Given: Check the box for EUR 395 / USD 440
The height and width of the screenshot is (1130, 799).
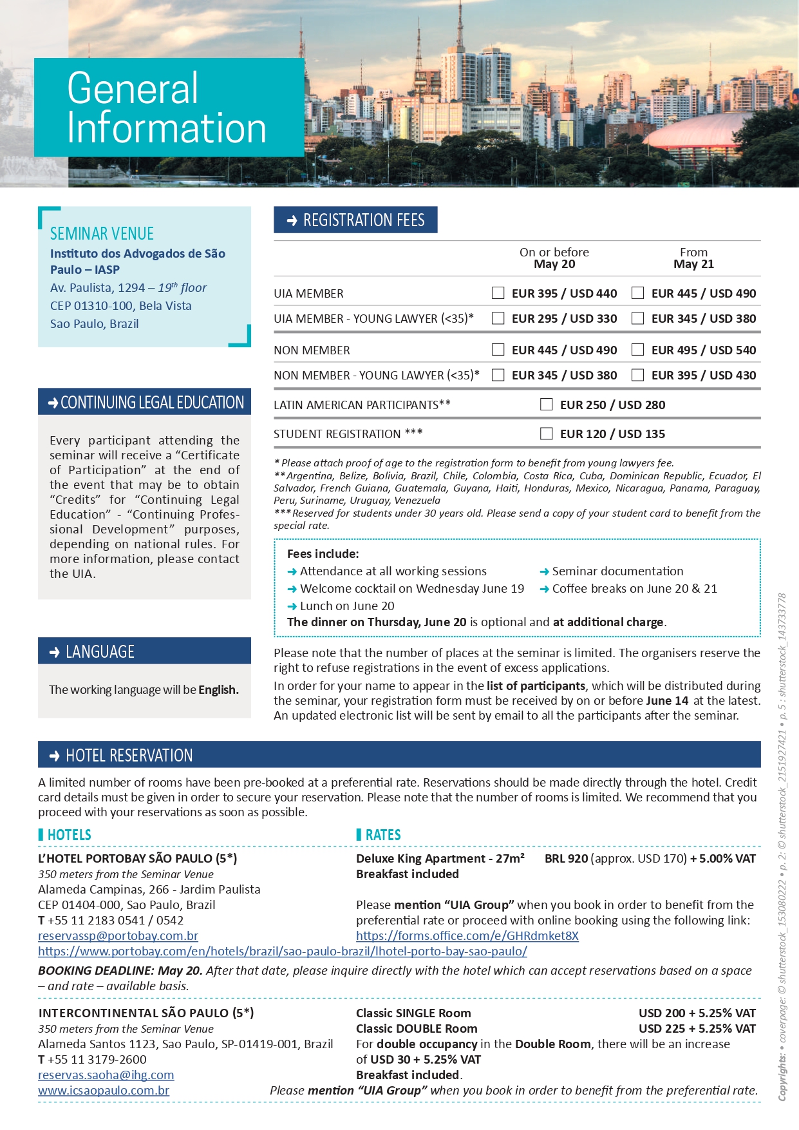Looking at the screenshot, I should point(498,293).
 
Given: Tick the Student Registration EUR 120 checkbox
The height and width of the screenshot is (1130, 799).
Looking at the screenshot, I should point(547,434).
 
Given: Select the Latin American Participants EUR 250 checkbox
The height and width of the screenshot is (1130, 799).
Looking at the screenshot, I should point(547,405).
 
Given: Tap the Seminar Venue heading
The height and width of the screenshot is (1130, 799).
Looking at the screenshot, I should point(102,234).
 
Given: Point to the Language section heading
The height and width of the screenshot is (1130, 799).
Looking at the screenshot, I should point(100,652).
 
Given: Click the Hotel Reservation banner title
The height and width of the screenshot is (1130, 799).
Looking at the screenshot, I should point(129,756).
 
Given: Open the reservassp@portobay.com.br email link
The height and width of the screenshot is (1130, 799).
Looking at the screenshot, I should point(118,936).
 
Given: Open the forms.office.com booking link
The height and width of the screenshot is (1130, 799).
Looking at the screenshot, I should point(467,936).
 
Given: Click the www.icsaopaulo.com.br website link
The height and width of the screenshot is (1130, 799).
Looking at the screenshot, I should point(104,1091).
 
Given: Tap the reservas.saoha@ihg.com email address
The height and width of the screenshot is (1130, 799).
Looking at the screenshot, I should point(106,1075).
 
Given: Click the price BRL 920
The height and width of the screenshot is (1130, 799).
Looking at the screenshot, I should point(566,859).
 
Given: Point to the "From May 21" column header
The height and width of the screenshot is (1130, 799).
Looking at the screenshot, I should point(693,258).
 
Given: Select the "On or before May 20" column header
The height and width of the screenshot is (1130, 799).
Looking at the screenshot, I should point(554,258).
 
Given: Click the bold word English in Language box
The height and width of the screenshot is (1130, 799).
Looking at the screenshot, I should point(218,690).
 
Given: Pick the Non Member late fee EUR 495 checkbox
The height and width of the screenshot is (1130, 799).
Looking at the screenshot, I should point(637,350).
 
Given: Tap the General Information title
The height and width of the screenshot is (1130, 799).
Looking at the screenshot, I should point(166,108).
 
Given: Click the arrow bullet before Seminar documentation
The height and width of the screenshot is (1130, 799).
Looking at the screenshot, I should point(545,571).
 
